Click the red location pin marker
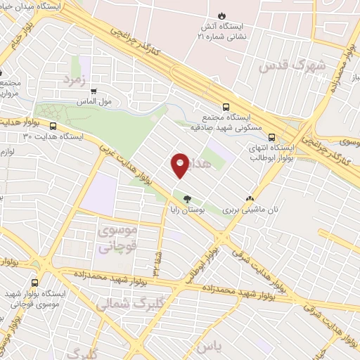point(180,165)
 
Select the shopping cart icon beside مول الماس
point(93,91)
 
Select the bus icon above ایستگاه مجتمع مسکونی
point(225,107)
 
